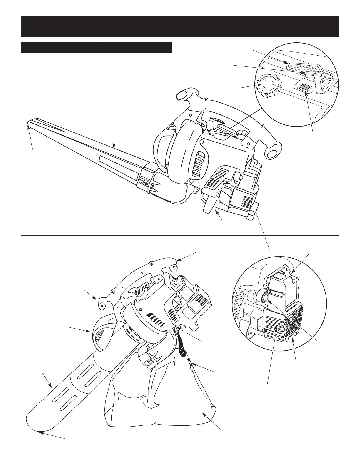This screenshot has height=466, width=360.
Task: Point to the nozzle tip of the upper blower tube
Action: point(28,125)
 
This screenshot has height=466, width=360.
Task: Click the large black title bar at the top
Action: point(180,26)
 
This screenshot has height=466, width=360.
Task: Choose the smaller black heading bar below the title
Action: point(96,48)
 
